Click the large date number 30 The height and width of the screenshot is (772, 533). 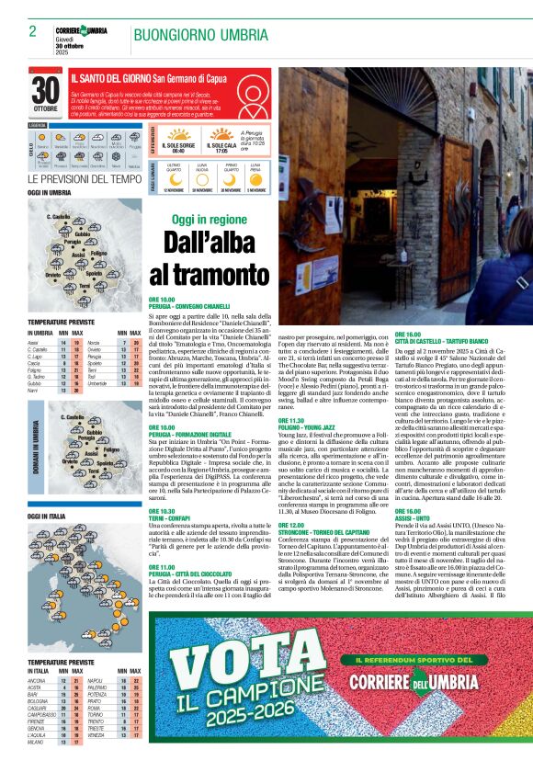(45, 90)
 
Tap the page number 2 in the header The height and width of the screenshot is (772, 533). (32, 31)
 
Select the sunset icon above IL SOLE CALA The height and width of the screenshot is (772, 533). (221, 132)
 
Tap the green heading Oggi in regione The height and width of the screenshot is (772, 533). (209, 220)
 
